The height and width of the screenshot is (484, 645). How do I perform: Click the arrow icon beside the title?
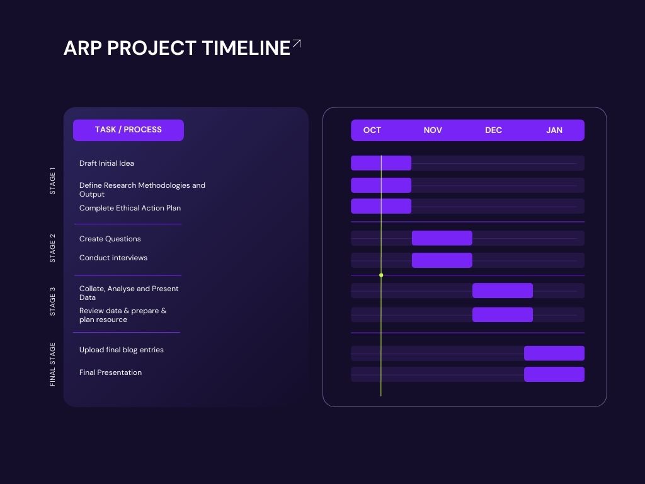coord(297,43)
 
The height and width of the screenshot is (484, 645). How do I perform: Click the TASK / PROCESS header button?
coord(128,130)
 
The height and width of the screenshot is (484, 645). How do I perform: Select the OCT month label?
coord(372,130)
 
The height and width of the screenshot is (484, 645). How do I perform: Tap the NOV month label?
coord(433,130)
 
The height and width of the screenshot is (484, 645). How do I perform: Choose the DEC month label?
coord(493,130)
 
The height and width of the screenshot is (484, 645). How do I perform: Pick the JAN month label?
coord(554,130)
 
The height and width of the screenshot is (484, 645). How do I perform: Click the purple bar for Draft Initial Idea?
coord(381,163)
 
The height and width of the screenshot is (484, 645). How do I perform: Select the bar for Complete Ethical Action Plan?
coord(381,206)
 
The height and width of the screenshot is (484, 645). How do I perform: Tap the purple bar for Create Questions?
coord(442,238)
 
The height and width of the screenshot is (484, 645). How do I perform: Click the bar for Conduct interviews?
coord(442,260)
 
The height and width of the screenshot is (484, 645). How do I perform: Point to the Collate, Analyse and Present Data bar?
coord(502,291)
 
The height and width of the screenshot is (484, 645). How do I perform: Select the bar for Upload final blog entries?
coord(554,353)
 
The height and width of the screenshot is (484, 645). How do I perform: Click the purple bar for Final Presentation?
coord(554,374)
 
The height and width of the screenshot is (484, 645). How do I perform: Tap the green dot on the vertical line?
coord(381,275)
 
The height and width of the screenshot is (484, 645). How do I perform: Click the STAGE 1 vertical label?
coord(52,181)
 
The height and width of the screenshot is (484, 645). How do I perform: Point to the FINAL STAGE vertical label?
coord(52,364)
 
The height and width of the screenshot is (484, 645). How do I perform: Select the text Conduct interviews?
coord(113,258)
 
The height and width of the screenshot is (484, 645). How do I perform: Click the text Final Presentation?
coord(110,372)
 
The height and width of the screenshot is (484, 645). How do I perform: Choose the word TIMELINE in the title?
coord(246,48)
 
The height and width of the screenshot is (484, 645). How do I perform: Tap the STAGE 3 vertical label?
coord(52,302)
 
